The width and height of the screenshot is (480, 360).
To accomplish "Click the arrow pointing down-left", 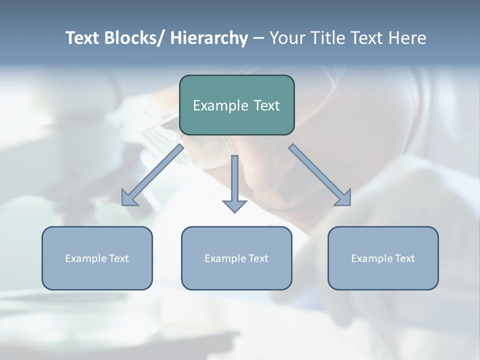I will point(152,175).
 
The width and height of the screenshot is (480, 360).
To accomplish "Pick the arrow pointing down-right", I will point(320,175).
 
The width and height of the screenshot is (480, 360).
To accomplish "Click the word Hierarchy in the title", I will point(209,38).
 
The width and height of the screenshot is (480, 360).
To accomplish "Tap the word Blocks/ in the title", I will point(135,38).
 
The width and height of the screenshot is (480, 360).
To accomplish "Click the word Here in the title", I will point(407,38).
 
